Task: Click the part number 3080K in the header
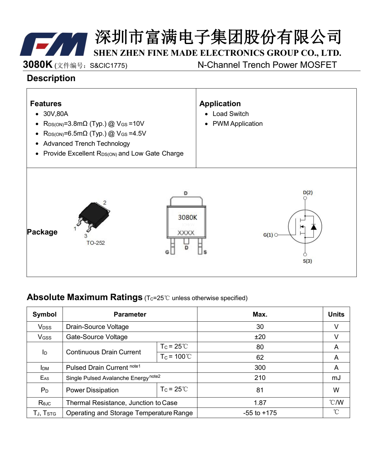point(37,64)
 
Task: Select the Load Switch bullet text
point(230,114)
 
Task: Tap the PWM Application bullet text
point(237,124)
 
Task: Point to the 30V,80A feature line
point(56,114)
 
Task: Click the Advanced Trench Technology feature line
point(86,144)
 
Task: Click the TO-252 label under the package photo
point(95,243)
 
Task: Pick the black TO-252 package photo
point(94,215)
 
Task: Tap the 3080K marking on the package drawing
point(187,217)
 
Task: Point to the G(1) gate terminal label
point(268,235)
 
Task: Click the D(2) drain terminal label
point(307,192)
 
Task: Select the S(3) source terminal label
point(307,261)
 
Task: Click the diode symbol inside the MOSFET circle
point(313,227)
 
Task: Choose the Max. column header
point(260,314)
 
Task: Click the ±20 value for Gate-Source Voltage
point(260,337)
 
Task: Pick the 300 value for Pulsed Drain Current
point(260,368)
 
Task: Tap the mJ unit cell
point(336,378)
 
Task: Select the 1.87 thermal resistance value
point(260,403)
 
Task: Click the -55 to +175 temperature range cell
point(260,413)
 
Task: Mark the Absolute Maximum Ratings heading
point(85,297)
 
